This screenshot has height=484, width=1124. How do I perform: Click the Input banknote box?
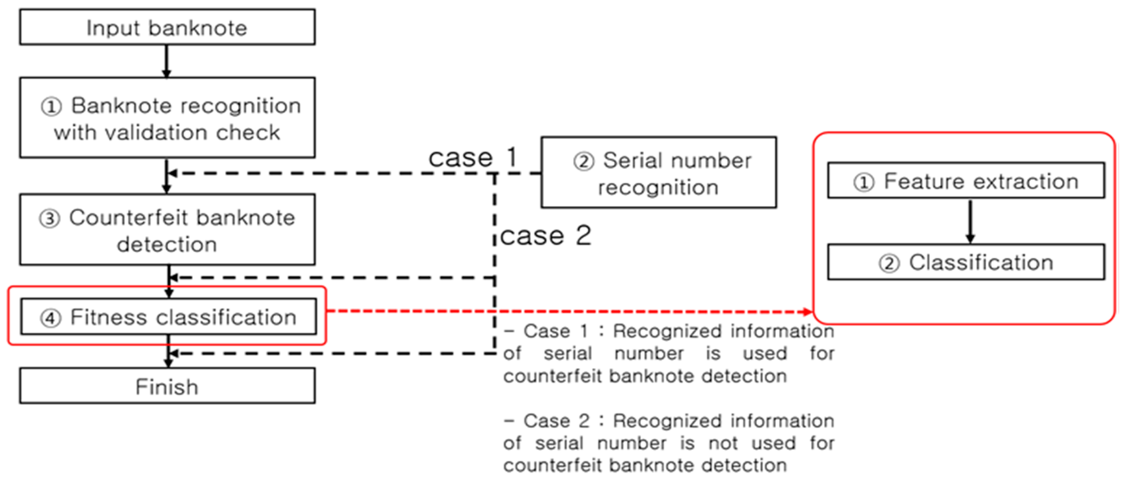coord(167,27)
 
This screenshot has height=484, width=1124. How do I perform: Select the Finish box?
coord(167,386)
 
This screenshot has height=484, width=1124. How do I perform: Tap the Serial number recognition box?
coord(658,173)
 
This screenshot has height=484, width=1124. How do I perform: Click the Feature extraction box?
coord(966,181)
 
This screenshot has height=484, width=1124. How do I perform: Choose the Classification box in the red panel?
coord(966,262)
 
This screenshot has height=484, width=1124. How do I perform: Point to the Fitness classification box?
coord(169,317)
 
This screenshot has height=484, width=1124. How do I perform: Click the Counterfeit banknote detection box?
coord(167,230)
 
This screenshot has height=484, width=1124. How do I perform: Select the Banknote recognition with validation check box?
coord(167,118)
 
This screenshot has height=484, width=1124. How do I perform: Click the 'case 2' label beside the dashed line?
coord(545,236)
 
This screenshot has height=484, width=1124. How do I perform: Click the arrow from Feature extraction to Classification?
coord(970,221)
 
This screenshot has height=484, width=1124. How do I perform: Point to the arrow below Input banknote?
coord(166,61)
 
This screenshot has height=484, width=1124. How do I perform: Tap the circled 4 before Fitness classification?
coord(50,318)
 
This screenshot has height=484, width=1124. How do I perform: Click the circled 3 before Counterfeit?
coord(49,218)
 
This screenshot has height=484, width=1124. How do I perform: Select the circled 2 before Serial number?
coord(583,162)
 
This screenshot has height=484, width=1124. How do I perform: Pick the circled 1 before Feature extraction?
coord(864,182)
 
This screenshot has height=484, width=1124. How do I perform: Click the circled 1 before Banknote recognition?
coord(51,107)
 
